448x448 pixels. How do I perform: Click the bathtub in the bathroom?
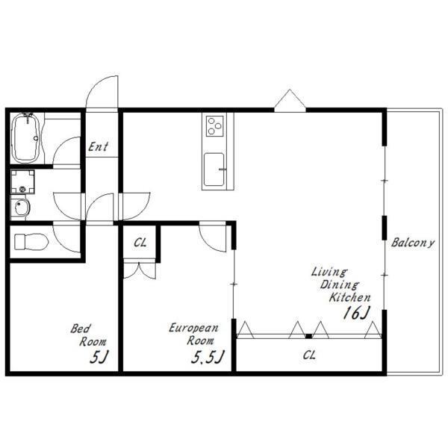(x=26, y=138)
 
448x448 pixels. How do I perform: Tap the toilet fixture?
(x=31, y=242)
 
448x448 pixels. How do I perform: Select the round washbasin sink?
(x=22, y=208)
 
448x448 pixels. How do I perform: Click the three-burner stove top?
(x=214, y=126)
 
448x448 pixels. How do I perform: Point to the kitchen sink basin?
(x=214, y=169)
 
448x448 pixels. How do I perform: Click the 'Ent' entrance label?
(x=98, y=147)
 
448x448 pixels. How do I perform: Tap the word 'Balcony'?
(x=413, y=243)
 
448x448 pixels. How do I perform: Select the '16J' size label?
(x=356, y=313)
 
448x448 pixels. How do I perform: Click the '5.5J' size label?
(x=207, y=357)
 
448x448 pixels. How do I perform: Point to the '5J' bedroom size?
(x=99, y=357)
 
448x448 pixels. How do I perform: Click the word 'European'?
(x=193, y=328)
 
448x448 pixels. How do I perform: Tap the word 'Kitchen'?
(x=349, y=297)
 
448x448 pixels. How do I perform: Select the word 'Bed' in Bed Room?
(x=81, y=329)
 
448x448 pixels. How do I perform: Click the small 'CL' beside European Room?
(x=140, y=243)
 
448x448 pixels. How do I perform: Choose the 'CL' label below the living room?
(x=309, y=355)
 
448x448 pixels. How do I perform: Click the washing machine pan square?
(x=22, y=181)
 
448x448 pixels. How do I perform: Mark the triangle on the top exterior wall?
(x=290, y=100)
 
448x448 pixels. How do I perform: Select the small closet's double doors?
(x=140, y=271)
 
